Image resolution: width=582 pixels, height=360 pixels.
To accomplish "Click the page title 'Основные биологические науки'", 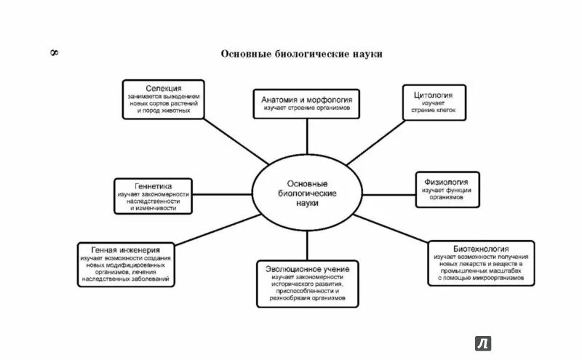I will (301, 55).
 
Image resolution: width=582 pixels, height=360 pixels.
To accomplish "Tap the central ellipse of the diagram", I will (307, 193).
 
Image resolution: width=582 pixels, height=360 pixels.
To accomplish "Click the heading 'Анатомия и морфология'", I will (306, 98).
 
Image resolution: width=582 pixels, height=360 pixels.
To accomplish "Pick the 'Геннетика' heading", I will (154, 185).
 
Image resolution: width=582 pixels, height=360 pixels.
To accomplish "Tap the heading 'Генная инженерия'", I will (127, 249).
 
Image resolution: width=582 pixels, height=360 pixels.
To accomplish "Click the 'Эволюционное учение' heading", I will (306, 269).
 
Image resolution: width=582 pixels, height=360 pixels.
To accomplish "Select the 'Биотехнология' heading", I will (478, 249).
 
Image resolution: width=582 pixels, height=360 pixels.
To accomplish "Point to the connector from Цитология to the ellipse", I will (379, 145).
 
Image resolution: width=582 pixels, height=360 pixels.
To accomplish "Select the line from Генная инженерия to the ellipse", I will (222, 233).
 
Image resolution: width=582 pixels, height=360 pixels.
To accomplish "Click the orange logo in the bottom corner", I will (483, 343).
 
